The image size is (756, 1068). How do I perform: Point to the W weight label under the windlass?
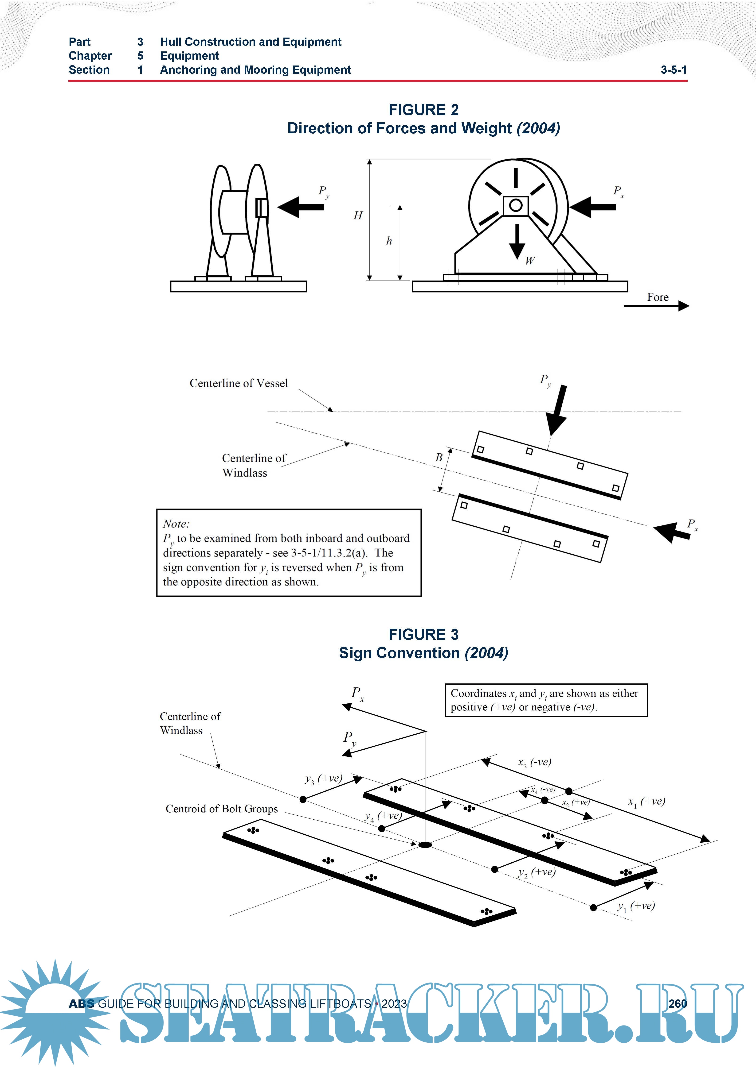(x=530, y=261)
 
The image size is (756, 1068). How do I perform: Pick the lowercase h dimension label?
(x=389, y=241)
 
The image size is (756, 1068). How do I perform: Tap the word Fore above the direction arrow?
(x=657, y=297)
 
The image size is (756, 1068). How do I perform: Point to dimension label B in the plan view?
(x=439, y=458)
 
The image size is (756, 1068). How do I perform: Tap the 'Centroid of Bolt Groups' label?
(x=222, y=809)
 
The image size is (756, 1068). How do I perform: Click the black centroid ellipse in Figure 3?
(x=425, y=845)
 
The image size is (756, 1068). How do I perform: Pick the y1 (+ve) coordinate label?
(x=635, y=906)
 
